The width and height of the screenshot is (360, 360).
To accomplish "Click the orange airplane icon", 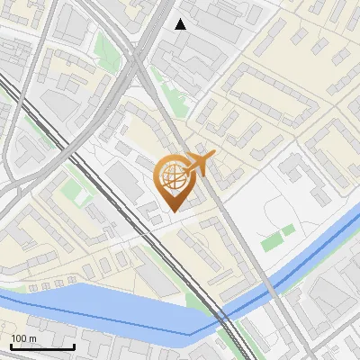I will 199,163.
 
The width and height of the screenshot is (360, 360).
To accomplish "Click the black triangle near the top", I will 181,24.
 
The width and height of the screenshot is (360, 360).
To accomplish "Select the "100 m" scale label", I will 24,337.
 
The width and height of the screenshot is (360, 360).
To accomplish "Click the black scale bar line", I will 42,346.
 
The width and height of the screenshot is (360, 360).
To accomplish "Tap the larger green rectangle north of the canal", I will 270,241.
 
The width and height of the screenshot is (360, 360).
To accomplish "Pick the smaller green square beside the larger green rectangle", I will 288,231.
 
